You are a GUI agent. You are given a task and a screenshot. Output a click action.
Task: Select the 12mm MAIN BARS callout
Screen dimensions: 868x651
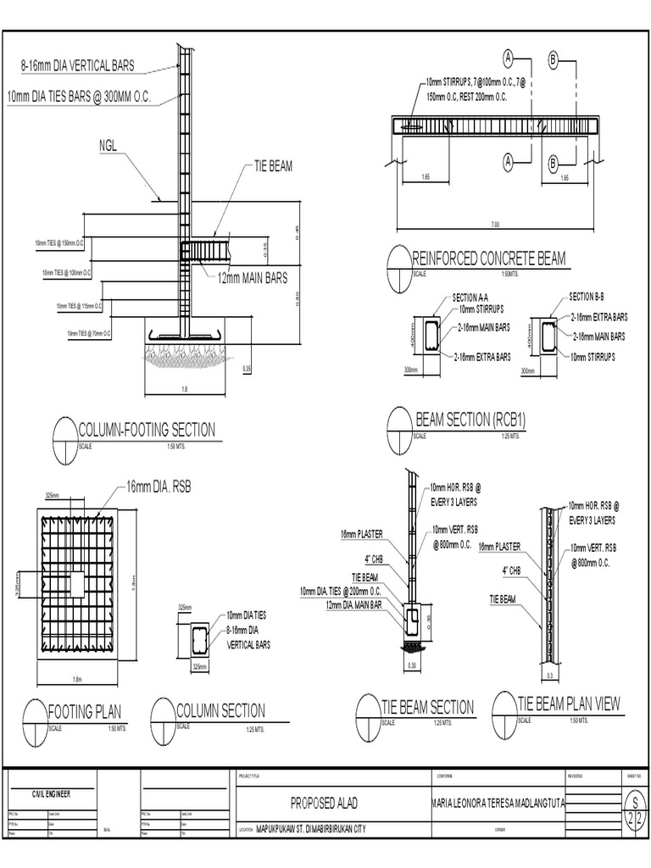(x=252, y=277)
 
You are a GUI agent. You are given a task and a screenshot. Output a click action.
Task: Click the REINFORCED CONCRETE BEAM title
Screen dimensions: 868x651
(x=488, y=259)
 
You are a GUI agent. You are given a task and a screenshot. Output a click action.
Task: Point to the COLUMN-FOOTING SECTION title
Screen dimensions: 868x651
(x=146, y=430)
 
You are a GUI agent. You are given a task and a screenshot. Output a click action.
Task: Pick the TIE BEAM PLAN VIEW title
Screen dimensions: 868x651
(x=569, y=704)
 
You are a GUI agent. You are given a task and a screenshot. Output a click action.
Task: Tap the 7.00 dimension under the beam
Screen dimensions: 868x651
(x=495, y=225)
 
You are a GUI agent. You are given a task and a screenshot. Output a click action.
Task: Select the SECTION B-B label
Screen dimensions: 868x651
(x=587, y=298)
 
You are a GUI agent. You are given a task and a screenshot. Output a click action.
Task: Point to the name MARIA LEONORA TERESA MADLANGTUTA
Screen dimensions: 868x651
(x=498, y=803)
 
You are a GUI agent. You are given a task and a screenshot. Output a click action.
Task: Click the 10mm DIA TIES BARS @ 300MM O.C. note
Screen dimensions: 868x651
(x=79, y=97)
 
